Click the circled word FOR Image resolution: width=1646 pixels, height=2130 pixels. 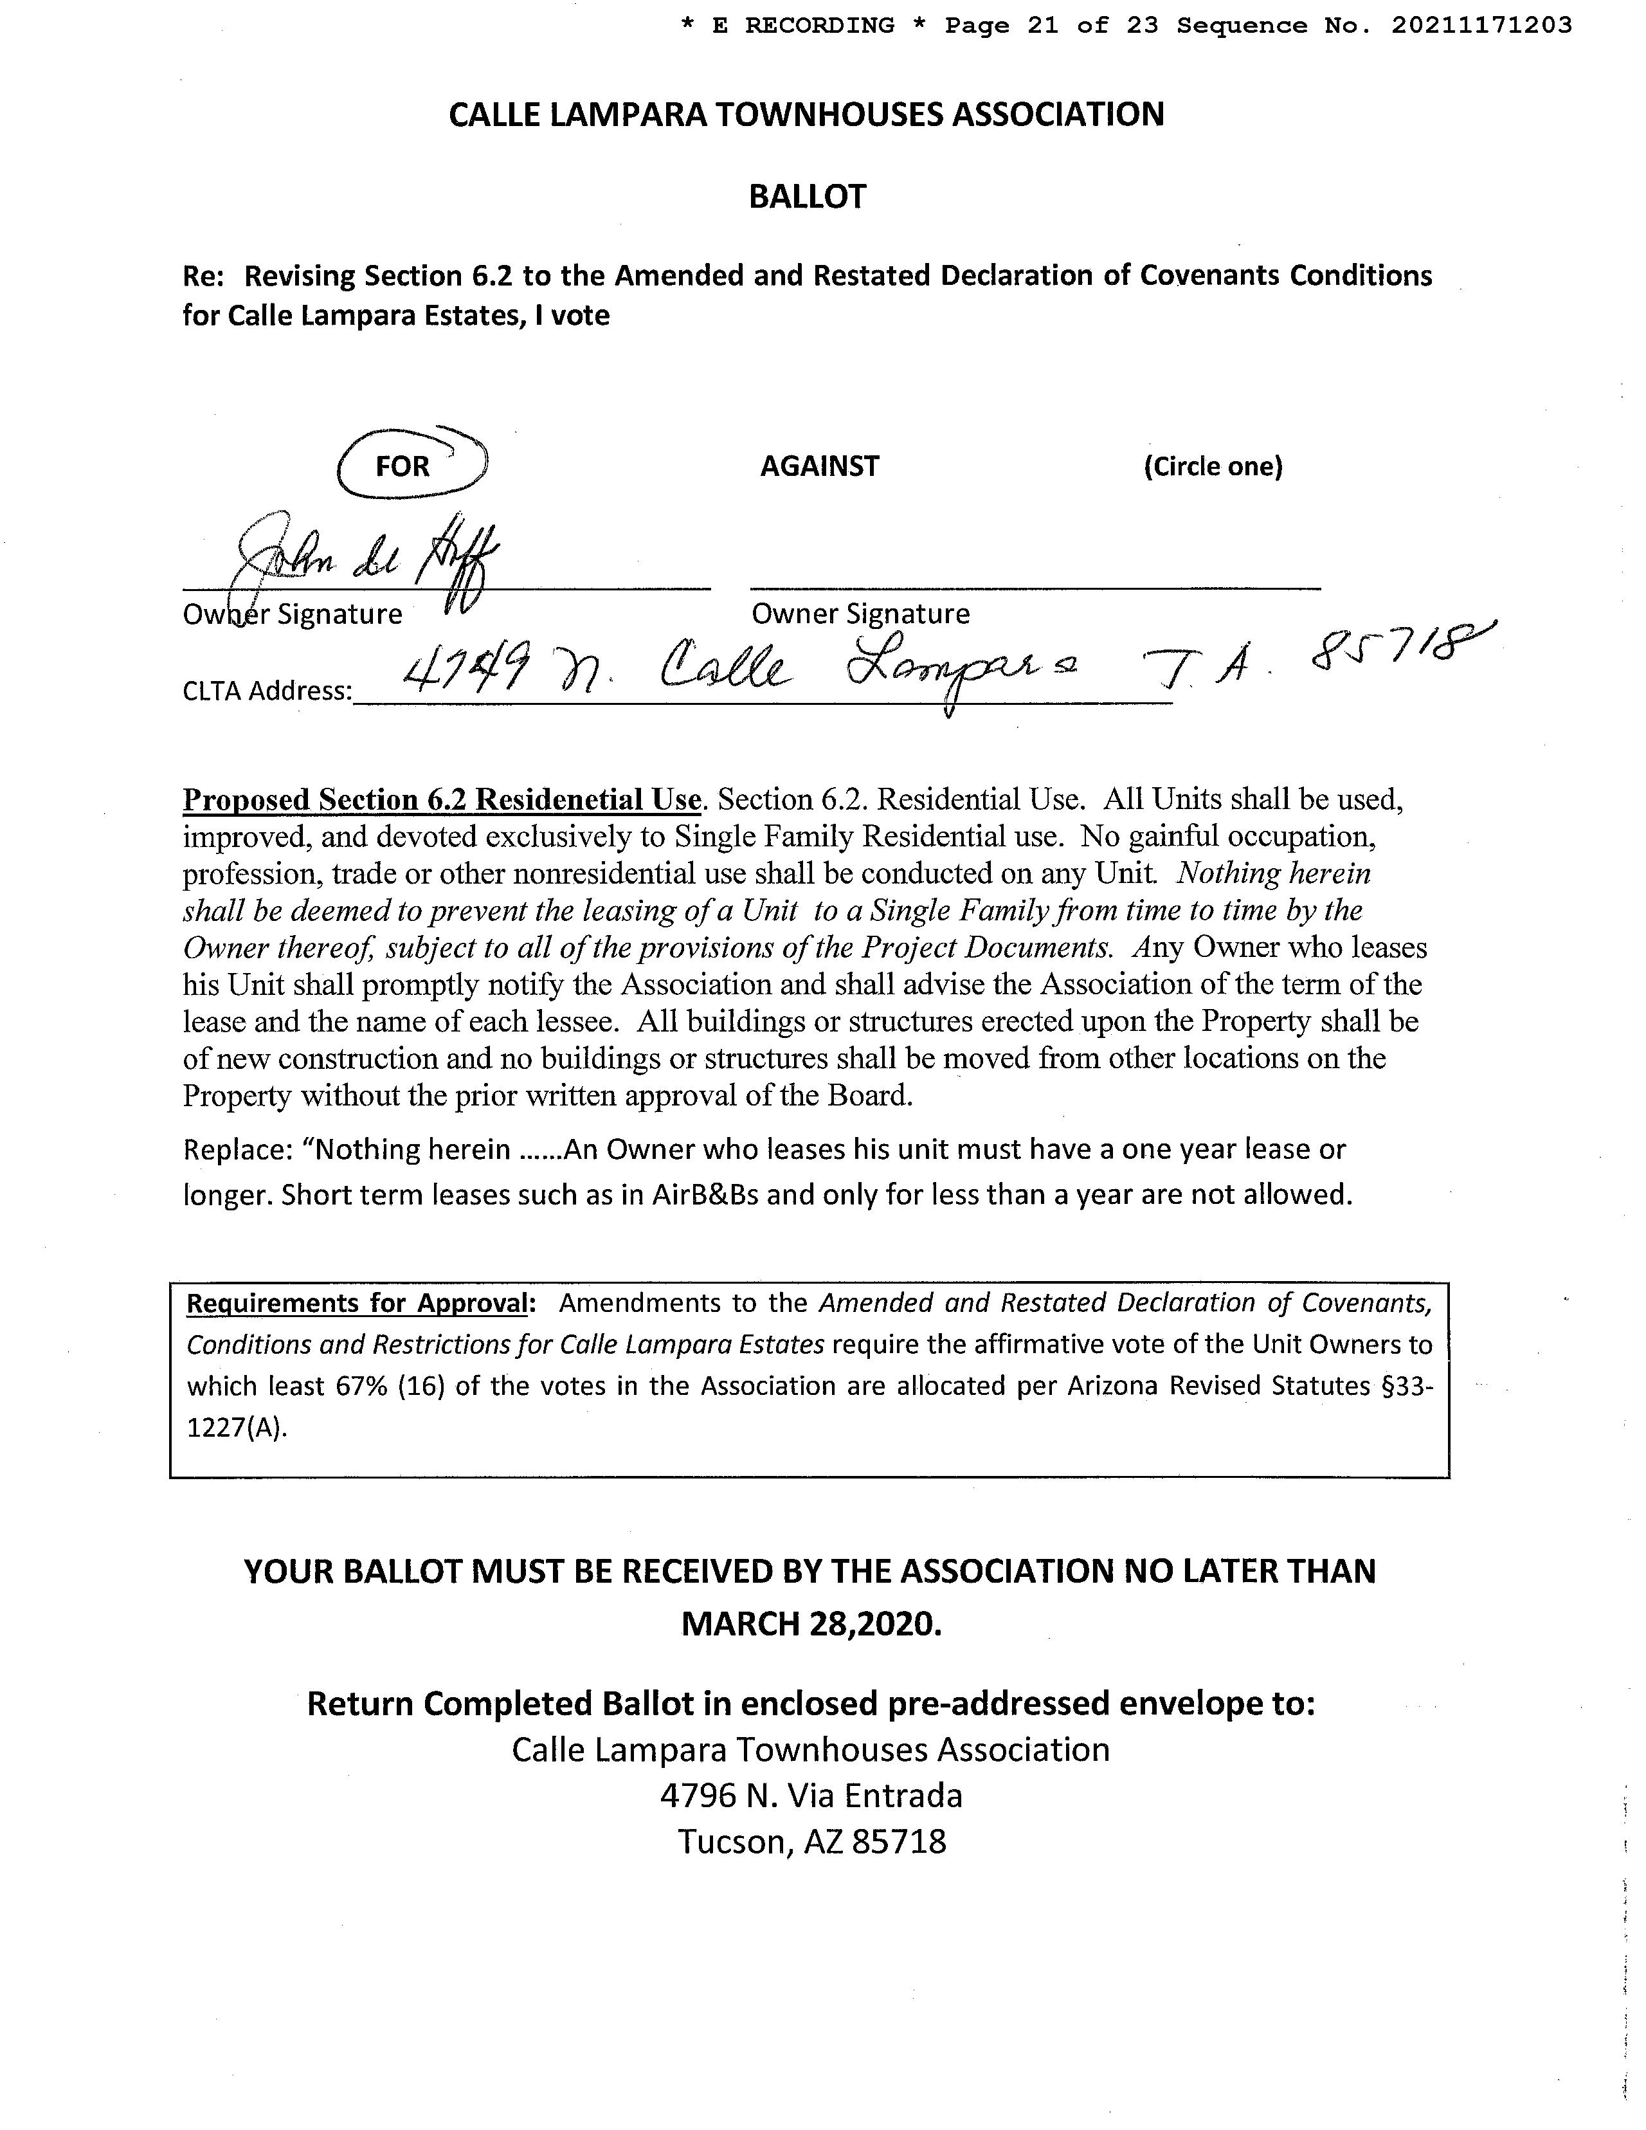[402, 466]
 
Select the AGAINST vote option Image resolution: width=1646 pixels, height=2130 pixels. [819, 466]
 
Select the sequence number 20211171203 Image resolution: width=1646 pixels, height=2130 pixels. [1481, 25]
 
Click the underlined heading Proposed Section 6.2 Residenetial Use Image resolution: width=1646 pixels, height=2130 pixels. [442, 800]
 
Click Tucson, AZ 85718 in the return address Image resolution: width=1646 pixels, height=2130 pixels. [811, 1841]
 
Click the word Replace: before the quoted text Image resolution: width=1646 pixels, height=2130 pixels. [238, 1150]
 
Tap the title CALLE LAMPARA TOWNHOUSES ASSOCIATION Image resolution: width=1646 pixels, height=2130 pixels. [806, 115]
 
